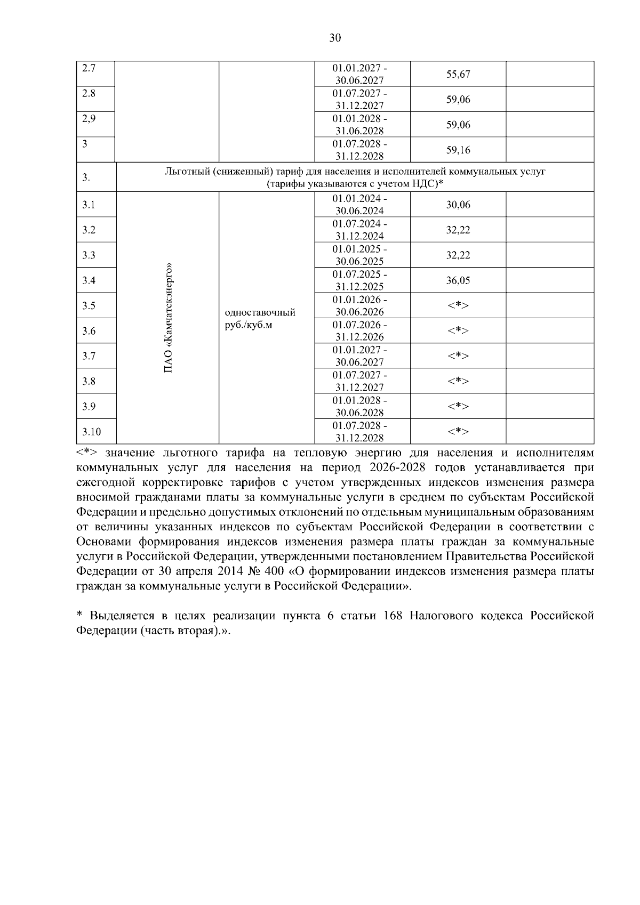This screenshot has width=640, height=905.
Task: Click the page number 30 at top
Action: pos(334,38)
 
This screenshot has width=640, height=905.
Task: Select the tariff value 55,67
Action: pos(458,74)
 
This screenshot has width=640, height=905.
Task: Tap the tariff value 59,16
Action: pos(458,150)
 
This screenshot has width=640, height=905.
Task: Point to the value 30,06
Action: pos(458,205)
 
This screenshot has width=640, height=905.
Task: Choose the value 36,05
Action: pos(458,281)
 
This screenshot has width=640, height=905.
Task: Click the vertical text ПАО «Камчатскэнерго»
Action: pos(169,318)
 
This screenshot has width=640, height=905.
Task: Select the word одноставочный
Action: pos(260,312)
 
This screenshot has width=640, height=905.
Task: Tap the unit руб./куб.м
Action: pos(249,325)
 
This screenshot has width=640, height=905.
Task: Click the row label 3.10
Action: pos(91,432)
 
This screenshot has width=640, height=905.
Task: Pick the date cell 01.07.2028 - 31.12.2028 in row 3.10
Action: pos(359,432)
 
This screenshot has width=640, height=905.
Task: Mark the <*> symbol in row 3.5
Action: pos(458,306)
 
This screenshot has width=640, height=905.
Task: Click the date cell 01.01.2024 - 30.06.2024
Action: pos(359,205)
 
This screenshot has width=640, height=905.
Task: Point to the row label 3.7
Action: pos(89,356)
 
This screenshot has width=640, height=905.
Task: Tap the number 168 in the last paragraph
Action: pos(393,616)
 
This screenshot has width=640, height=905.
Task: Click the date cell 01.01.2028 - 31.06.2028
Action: pos(359,124)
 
